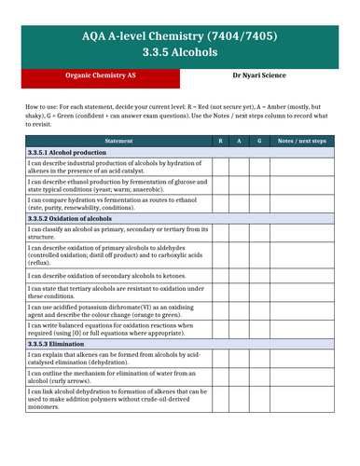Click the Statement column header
118,140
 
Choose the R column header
219,140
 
